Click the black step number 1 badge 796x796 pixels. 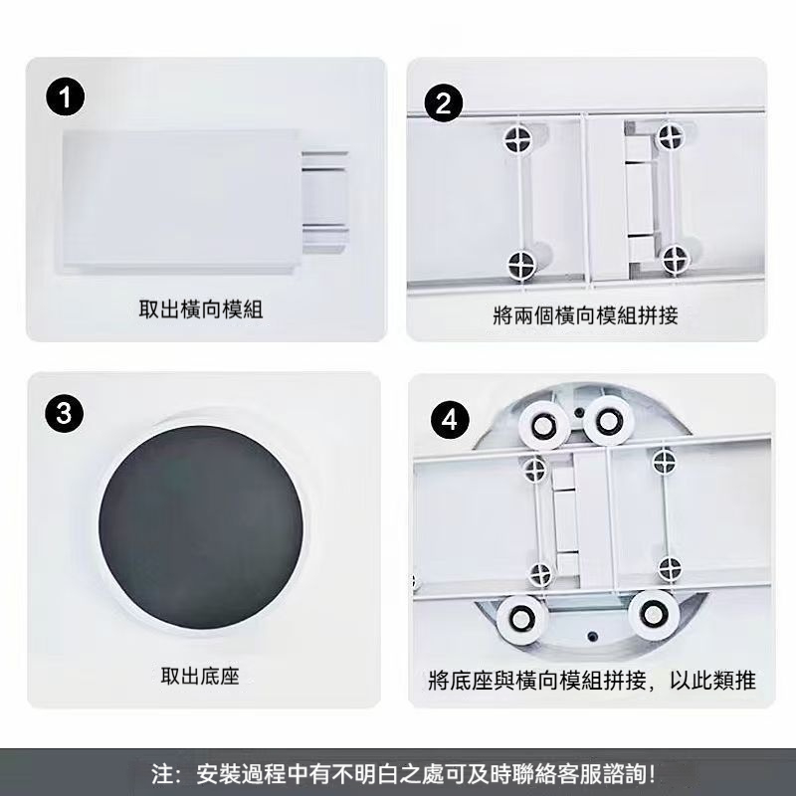pos(66,97)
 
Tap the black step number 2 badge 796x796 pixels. pos(443,103)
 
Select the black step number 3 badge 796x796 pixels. pos(64,413)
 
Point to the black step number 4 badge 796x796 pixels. pos(450,421)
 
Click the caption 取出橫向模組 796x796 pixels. pos(201,309)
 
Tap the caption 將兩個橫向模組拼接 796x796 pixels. pos(585,315)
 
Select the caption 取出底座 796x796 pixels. pos(200,676)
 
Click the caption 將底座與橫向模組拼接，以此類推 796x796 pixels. pos(592,681)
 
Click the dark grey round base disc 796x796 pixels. pos(201,527)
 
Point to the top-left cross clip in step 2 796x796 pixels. pos(518,138)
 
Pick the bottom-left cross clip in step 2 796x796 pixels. pos(521,264)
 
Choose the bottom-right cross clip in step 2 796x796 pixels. pos(677,260)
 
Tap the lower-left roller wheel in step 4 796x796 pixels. pos(521,618)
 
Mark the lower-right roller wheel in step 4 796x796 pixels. pos(654,614)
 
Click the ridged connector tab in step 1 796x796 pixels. pos(325,202)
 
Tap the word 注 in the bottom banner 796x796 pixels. pos(161,774)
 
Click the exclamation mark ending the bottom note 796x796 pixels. pos(653,774)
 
